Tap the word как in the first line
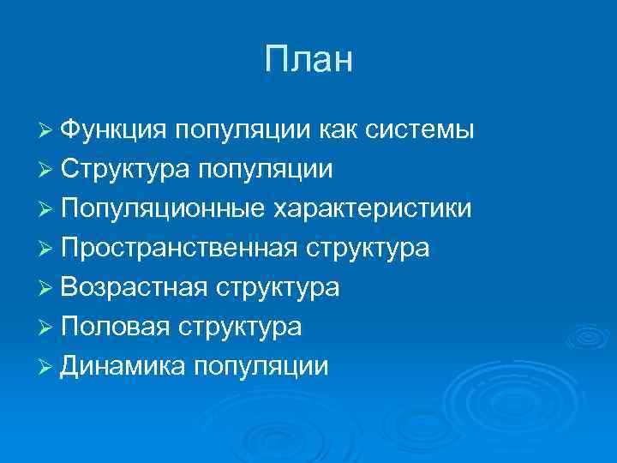[339, 129]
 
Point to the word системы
[421, 129]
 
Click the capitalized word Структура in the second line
[126, 169]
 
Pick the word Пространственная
[179, 248]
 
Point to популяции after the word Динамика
[261, 366]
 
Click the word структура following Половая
[239, 327]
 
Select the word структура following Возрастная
[278, 287]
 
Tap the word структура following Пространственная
[368, 248]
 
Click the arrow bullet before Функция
[48, 130]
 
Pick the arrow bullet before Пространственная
[48, 249]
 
